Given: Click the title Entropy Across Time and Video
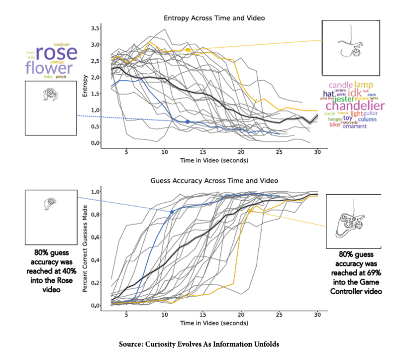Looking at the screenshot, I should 214,18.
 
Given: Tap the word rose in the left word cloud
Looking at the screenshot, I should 56,53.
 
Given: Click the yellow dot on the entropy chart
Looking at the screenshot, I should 188,50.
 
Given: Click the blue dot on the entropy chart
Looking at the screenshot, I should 188,121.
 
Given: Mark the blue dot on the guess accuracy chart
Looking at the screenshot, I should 172,212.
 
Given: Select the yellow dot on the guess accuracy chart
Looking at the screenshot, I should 250,211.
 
